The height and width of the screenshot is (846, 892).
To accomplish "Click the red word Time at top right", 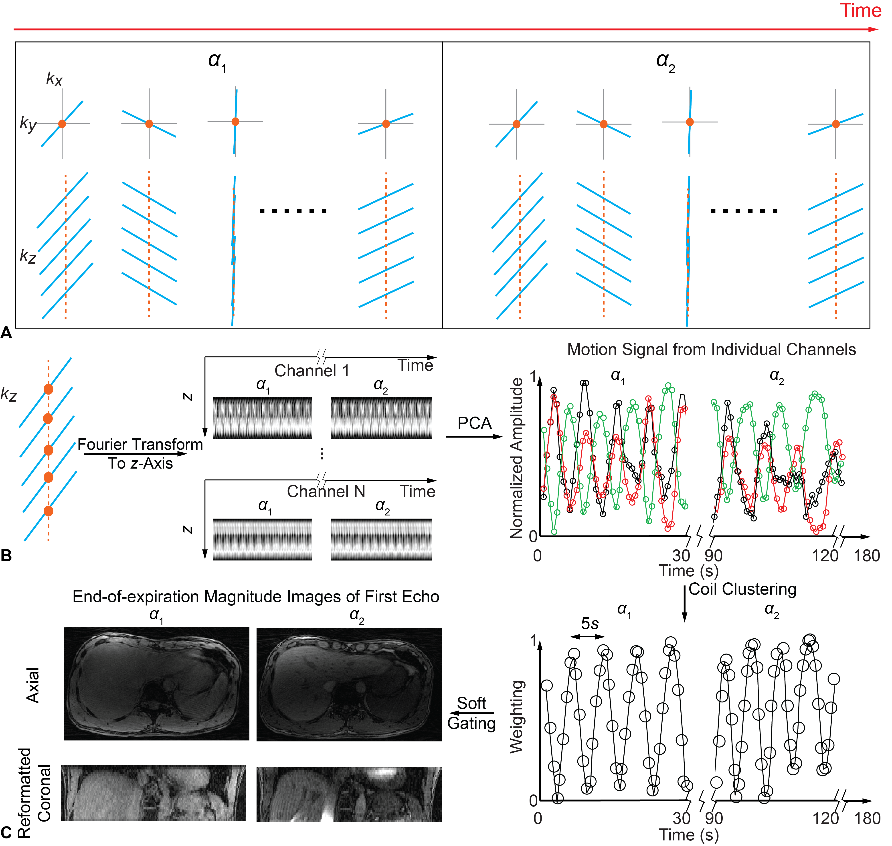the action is [860, 11].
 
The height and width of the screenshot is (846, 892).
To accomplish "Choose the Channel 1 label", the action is [311, 371].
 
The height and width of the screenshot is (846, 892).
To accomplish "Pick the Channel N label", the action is [326, 491].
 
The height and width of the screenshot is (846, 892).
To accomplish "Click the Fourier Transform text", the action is [140, 445].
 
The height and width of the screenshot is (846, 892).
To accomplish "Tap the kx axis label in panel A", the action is [54, 79].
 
